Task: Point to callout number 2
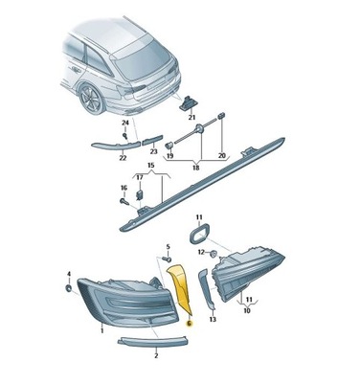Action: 155,354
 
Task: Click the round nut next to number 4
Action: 69,287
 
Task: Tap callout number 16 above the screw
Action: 123,188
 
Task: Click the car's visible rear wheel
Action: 92,99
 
